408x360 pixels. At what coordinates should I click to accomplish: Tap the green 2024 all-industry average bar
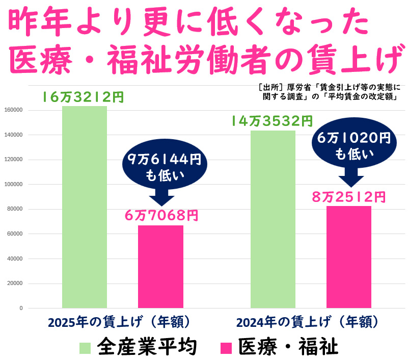273,219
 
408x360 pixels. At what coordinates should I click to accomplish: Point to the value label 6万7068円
161,216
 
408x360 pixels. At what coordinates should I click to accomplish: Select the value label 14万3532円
272,121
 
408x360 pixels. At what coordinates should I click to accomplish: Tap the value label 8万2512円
349,197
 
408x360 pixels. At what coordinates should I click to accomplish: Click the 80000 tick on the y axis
15,209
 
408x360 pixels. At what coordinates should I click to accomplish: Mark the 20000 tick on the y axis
15,284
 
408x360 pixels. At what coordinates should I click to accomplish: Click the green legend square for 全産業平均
85,348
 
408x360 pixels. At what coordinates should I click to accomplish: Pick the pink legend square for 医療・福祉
226,348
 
